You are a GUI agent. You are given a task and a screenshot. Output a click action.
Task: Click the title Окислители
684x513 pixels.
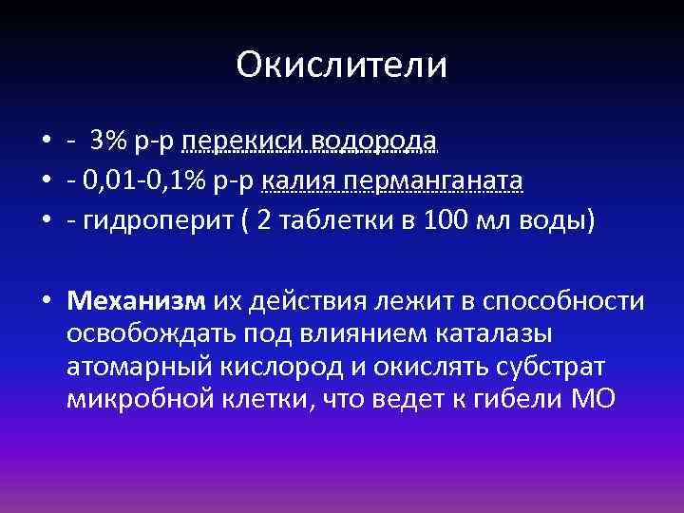pos(341,65)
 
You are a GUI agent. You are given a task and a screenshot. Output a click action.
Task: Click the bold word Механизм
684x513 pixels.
pos(136,301)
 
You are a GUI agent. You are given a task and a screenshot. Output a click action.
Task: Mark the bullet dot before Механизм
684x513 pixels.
pos(47,302)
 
